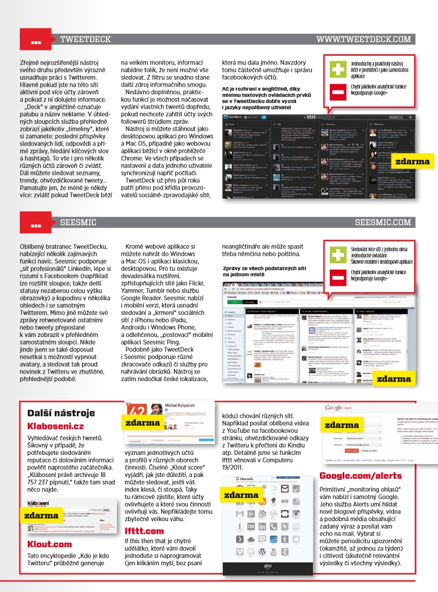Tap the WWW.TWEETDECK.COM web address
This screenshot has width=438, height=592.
coord(364,40)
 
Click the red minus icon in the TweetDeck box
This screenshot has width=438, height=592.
coord(337,92)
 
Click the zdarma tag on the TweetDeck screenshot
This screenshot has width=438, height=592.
coord(412,162)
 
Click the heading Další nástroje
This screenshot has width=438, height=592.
coord(61,413)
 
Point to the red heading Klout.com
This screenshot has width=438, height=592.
coord(49,544)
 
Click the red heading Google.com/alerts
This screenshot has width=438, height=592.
coord(360,476)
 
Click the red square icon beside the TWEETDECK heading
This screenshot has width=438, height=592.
coord(35,40)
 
